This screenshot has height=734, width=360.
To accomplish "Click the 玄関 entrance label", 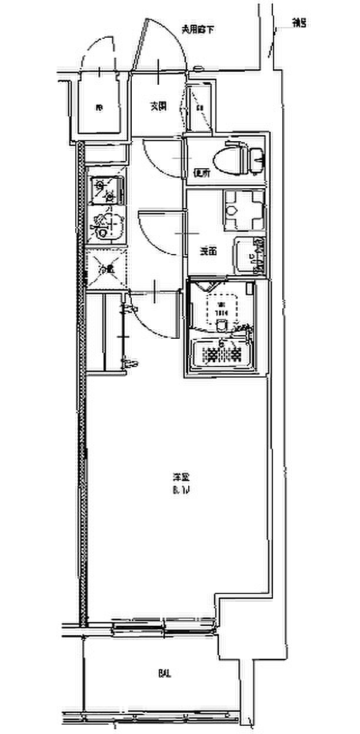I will pos(157,106).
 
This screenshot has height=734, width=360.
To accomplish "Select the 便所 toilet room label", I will pos(202,173).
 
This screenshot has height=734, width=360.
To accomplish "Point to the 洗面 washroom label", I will pos(208,252).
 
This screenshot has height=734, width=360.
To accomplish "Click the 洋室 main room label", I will pos(180,478).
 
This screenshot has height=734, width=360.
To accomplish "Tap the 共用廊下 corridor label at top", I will pos(196,28).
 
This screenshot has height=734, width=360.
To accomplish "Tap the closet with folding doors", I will pos(106,332).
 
